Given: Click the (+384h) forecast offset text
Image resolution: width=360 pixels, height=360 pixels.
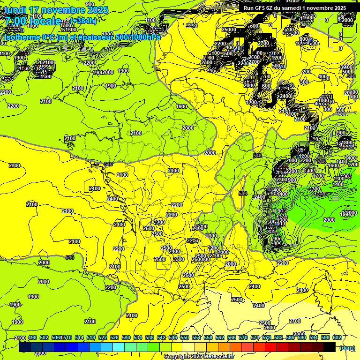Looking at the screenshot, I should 85,21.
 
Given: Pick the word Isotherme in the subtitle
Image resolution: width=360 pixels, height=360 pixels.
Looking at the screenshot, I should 22,37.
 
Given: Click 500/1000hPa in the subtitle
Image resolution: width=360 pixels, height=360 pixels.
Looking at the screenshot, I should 140,37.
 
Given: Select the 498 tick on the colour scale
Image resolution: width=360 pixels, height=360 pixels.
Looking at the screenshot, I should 32,337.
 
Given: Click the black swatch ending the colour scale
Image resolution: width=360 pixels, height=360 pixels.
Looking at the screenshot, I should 329,347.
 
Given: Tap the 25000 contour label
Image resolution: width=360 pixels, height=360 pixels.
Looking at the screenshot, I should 229,30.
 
